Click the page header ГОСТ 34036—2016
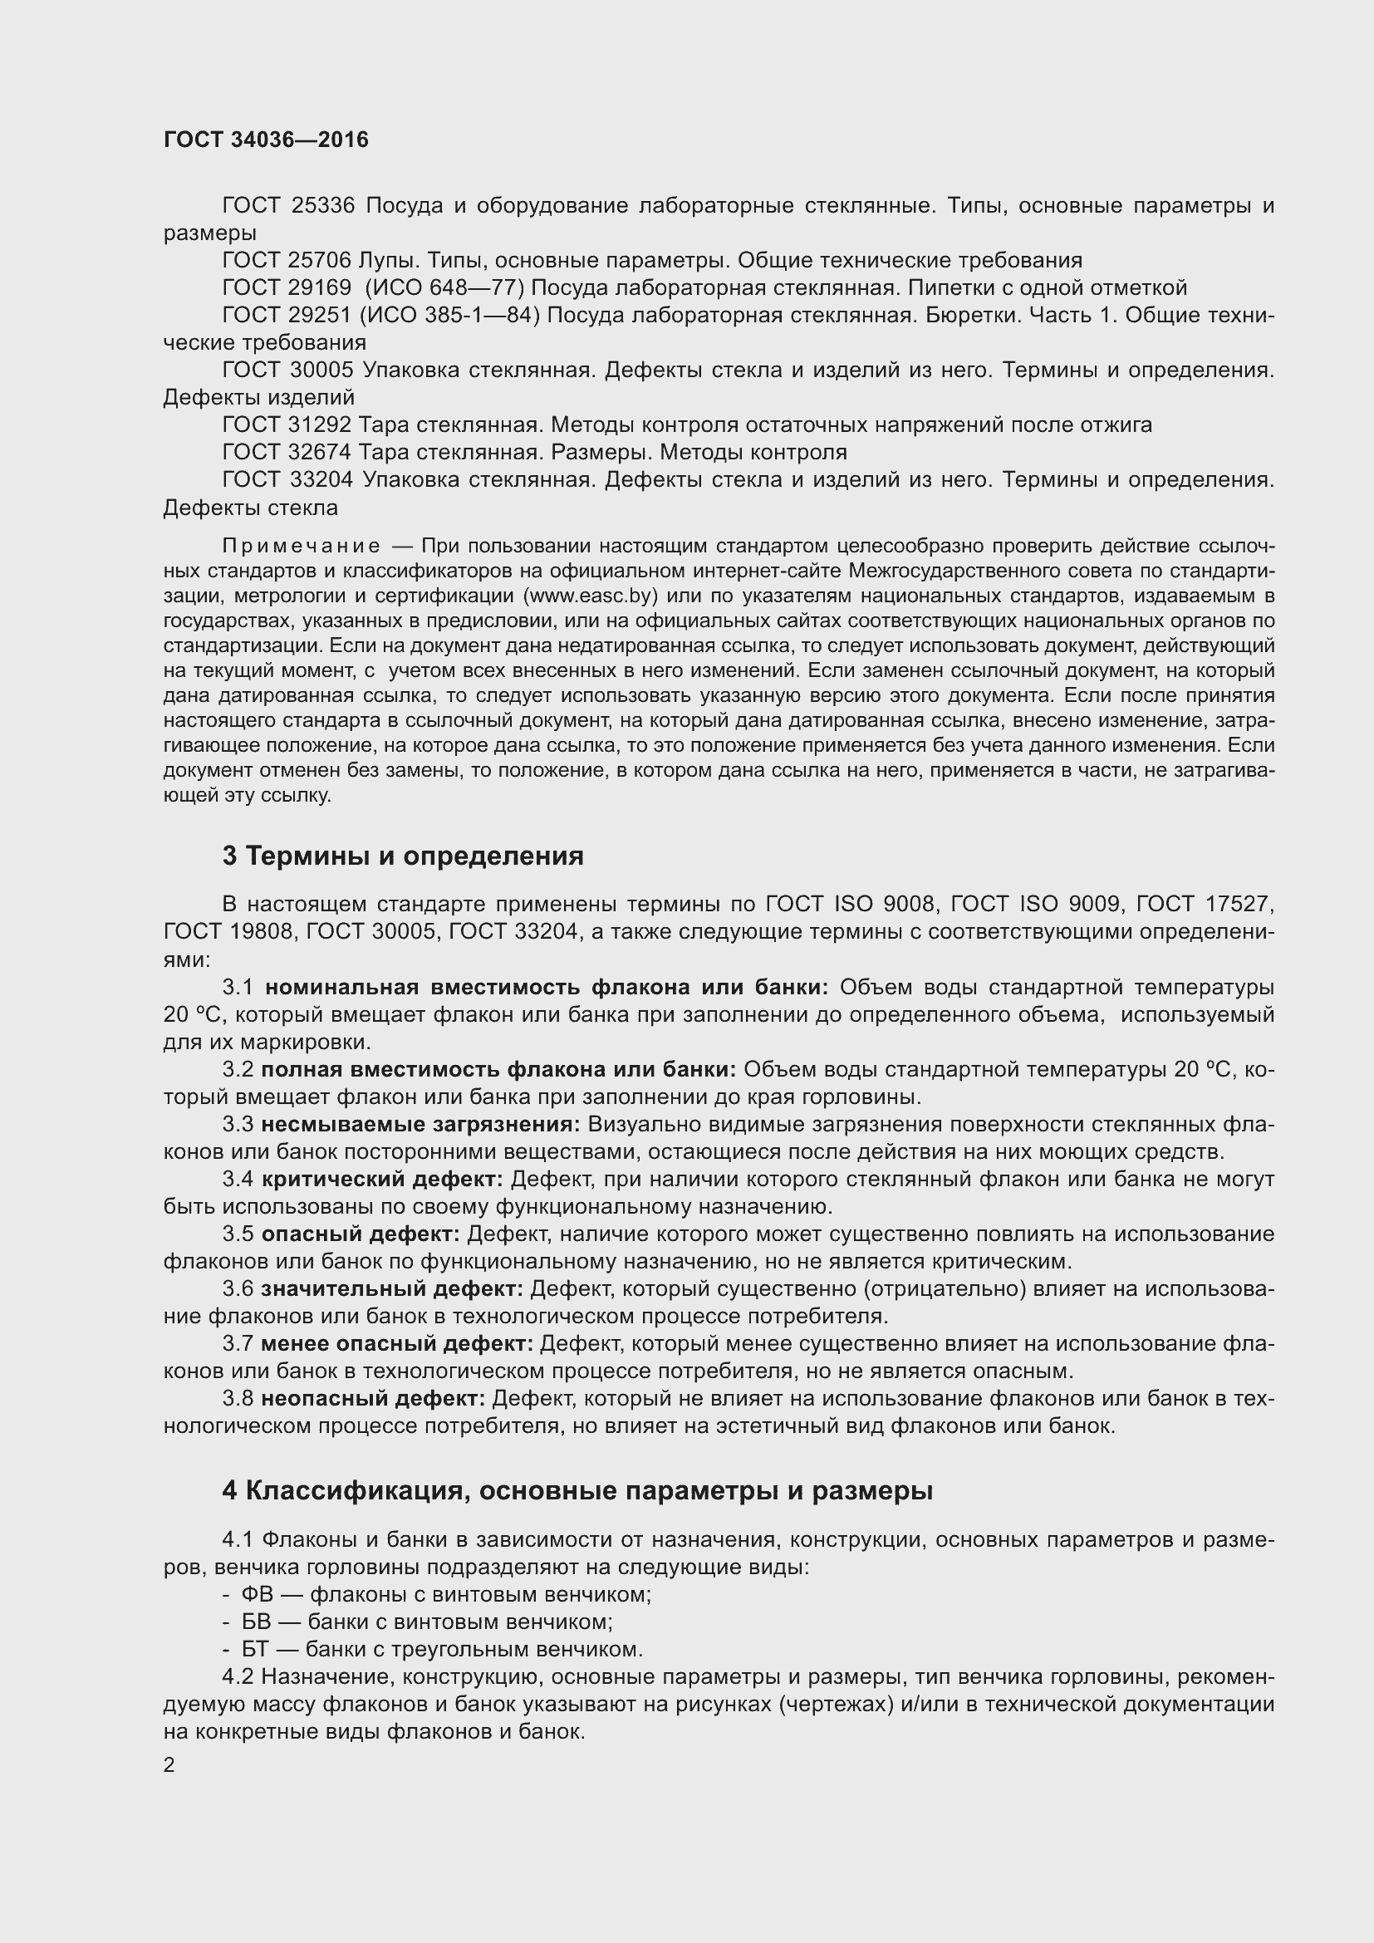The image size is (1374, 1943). coord(266,140)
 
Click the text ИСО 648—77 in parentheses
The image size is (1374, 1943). coord(444,287)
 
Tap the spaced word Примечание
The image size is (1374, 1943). coord(302,546)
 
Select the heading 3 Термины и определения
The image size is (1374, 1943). coord(403,856)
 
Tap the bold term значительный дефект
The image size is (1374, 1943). coord(393,1289)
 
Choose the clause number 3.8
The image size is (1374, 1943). coord(238,1399)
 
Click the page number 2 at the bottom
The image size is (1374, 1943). coord(169,1765)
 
